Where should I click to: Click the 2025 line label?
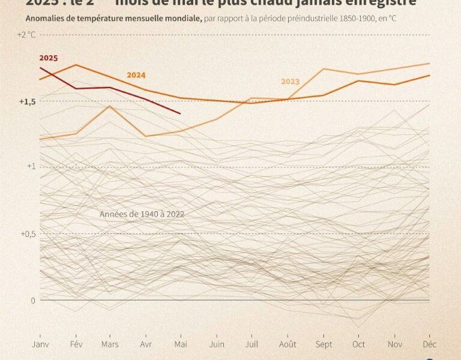pos(49,58)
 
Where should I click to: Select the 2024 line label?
pos(136,76)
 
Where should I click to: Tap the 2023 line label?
pos(290,82)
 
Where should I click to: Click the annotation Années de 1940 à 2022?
pos(142,214)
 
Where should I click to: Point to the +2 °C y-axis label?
pos(27,34)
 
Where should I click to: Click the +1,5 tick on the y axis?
pos(27,101)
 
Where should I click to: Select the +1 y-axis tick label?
pos(32,166)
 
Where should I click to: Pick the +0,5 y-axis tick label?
pos(27,233)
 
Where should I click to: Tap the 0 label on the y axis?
pos(34,300)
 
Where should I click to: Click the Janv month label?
pos(40,344)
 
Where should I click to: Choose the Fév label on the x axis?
pos(76,344)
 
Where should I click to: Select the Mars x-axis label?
pos(110,344)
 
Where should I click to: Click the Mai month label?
pos(181,344)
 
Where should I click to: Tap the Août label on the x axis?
pos(287,344)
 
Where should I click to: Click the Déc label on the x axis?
pos(429,344)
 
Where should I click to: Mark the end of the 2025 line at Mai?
pos(181,113)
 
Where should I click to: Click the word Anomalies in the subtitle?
pos(44,18)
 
